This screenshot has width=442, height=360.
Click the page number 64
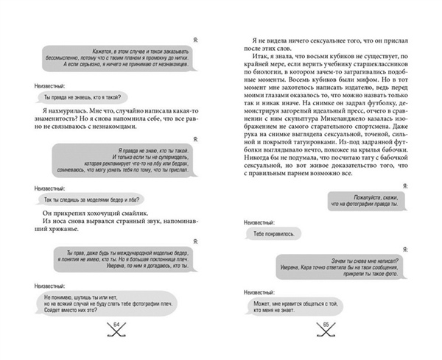pos(116,326)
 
